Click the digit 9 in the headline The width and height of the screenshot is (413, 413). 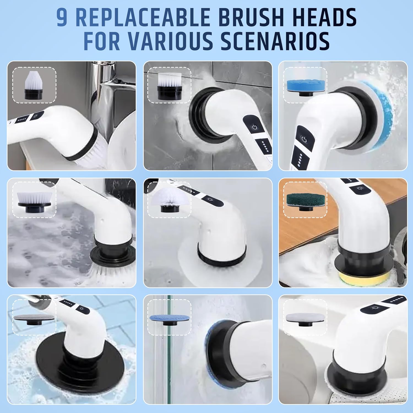click(62, 18)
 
